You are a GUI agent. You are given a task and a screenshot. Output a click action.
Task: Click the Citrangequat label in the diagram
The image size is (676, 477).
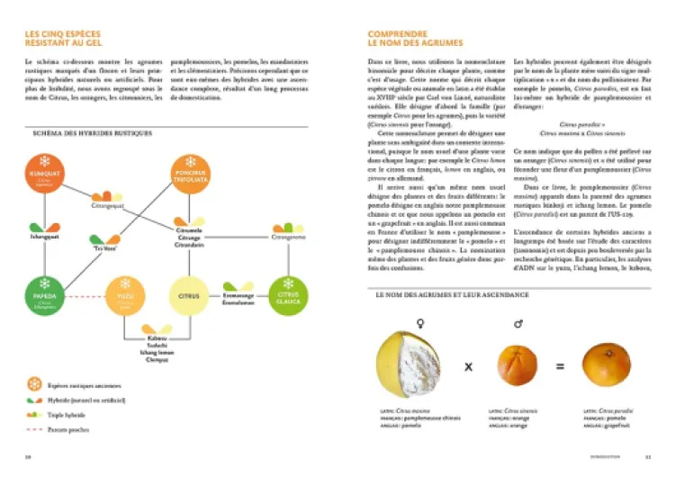(x=106, y=205)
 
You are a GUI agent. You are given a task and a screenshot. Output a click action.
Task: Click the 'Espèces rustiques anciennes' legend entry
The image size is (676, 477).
(x=86, y=384)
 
